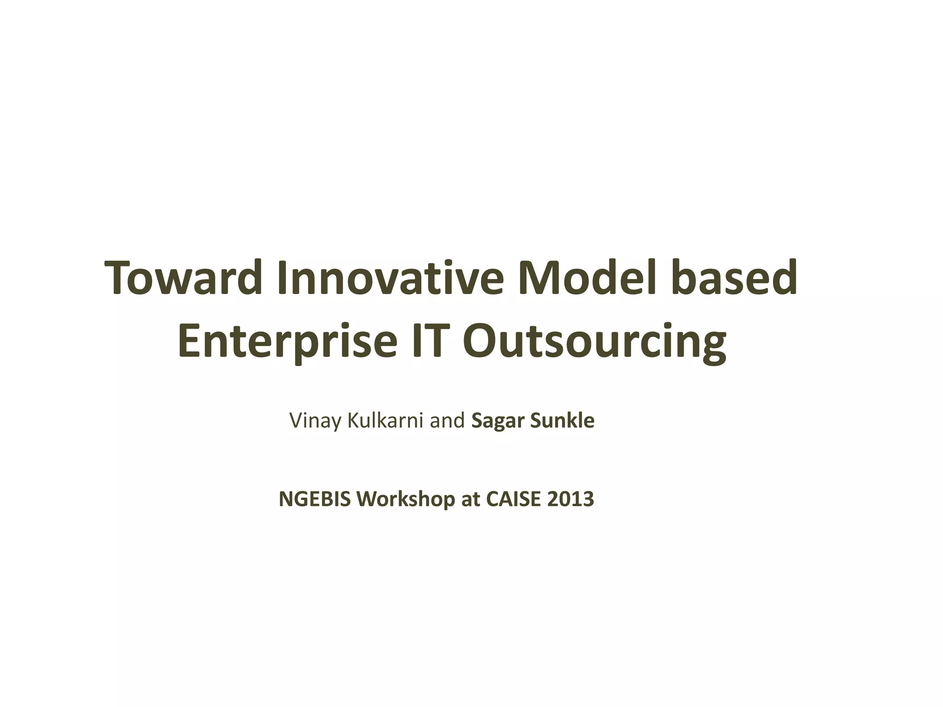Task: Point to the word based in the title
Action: [734, 278]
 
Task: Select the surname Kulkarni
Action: [385, 420]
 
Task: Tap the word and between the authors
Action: [447, 420]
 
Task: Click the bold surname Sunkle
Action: [563, 420]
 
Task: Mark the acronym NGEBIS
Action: [315, 499]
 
